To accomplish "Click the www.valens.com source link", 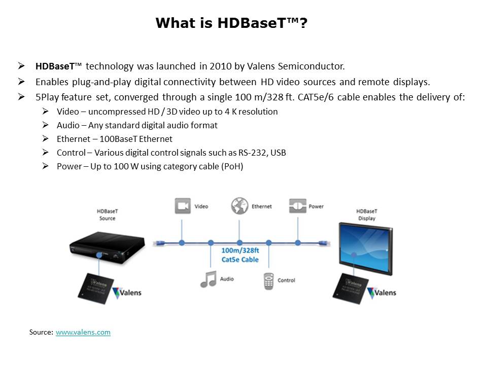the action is [83, 332].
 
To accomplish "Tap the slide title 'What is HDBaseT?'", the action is [231, 23].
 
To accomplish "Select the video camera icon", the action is [183, 206].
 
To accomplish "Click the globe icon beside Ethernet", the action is [239, 206].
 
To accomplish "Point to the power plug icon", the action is [298, 206].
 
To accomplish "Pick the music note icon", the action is [208, 279].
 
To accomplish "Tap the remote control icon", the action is [269, 281].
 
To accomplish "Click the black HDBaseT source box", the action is [108, 247].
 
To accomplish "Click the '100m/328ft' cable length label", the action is [240, 250].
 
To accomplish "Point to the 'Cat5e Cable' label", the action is [240, 260].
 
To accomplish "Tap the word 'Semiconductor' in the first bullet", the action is [311, 66].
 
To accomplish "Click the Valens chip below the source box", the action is [96, 288].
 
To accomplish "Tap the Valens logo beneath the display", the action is [381, 293].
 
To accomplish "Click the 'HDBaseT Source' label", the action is [108, 215].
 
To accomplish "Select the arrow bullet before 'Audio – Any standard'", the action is [45, 125].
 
